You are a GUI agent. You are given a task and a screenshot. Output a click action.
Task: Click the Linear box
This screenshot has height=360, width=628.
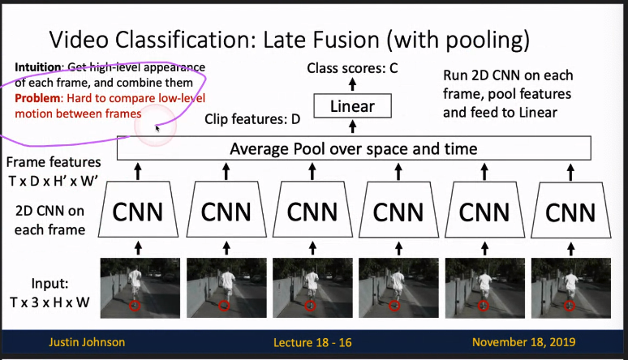click(x=353, y=106)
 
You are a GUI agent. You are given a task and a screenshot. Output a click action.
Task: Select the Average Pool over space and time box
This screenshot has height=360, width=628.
click(x=354, y=148)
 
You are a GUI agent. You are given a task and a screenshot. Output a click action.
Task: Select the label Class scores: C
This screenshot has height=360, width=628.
click(x=352, y=68)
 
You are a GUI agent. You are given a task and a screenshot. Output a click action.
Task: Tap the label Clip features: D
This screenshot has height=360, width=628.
click(x=252, y=119)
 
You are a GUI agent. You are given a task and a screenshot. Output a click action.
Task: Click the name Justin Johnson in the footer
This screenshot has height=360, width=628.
click(x=84, y=341)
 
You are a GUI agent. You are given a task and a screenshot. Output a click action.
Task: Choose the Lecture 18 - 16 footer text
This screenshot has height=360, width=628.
click(x=312, y=341)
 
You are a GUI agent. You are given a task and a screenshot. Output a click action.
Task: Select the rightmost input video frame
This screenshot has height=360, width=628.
click(x=570, y=285)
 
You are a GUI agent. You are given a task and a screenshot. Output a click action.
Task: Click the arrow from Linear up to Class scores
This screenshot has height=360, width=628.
click(x=353, y=84)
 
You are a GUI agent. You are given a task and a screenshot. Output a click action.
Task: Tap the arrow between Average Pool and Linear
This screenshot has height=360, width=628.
click(x=353, y=126)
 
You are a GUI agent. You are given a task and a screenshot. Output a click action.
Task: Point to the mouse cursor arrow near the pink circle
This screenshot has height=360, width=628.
click(x=157, y=127)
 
